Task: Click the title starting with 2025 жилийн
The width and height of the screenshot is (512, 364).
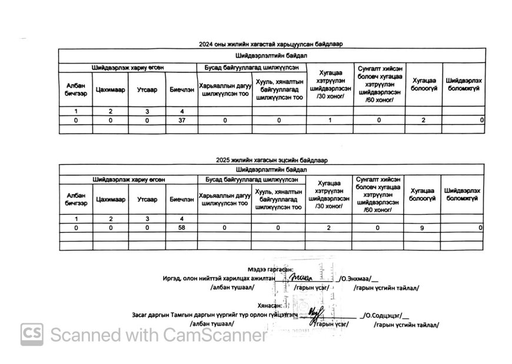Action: (x=271, y=160)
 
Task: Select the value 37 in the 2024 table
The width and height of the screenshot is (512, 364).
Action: (x=181, y=120)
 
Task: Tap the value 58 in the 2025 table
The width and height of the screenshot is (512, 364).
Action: (x=181, y=227)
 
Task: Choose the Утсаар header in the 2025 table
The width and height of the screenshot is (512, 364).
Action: (x=147, y=199)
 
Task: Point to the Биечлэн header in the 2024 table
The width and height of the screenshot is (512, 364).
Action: (x=181, y=89)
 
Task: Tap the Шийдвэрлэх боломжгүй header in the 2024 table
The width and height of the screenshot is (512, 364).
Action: (x=464, y=84)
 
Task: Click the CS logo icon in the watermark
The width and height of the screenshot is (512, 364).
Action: (x=32, y=334)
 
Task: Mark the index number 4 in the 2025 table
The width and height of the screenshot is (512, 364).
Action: (x=181, y=219)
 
